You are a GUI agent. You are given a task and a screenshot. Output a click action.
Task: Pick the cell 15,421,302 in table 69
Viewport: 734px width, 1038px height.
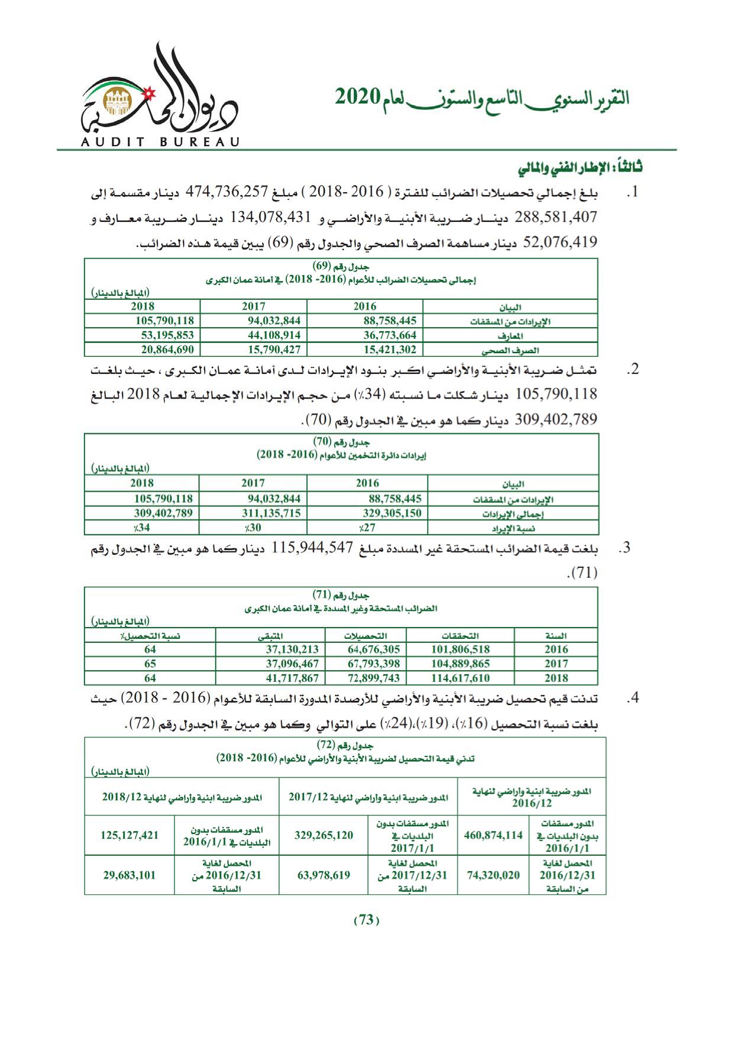390,350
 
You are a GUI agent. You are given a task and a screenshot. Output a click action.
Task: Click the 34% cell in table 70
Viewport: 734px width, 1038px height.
141,528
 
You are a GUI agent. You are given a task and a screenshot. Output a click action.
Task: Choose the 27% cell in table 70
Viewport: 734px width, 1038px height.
367,528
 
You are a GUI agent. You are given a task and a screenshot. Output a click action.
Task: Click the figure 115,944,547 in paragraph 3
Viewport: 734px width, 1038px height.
312,548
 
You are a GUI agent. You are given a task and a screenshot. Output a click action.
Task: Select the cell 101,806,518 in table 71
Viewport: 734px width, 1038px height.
461,649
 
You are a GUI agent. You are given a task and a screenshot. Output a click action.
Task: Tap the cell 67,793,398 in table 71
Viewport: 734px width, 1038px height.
374,663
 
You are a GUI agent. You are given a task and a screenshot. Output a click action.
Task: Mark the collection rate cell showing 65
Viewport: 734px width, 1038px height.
150,663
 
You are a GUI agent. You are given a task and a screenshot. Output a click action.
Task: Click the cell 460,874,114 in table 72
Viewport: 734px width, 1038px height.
493,835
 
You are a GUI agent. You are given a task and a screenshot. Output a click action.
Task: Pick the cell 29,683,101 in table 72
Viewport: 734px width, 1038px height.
130,875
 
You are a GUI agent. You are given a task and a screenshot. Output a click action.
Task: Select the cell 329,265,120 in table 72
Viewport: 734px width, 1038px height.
324,835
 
